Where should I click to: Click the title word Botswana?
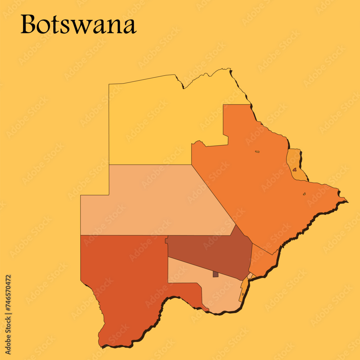(x=78, y=25)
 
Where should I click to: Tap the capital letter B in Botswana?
(x=28, y=25)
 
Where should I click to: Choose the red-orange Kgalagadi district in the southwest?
(x=122, y=281)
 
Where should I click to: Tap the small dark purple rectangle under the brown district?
(x=216, y=274)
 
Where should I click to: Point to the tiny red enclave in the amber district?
(x=294, y=169)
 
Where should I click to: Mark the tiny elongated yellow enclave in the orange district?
(x=257, y=152)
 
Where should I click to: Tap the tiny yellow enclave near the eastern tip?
(x=304, y=194)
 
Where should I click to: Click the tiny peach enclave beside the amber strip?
(x=250, y=275)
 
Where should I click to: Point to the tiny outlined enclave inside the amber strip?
(x=243, y=294)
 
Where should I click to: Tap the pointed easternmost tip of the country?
(x=347, y=201)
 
